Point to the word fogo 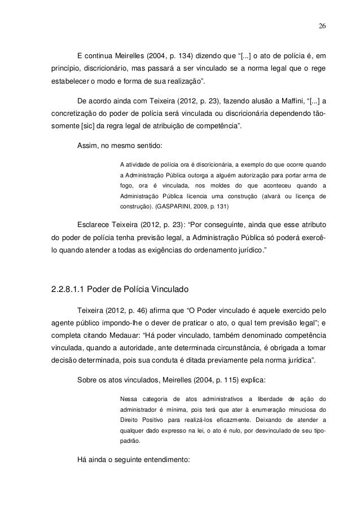pyautogui.click(x=128, y=186)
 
